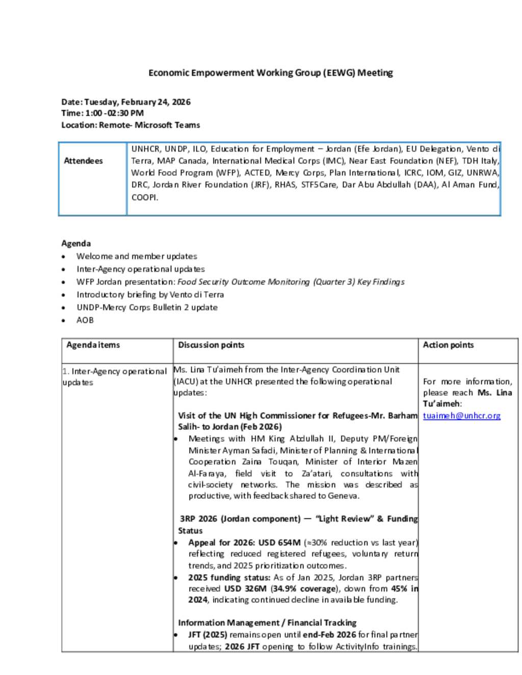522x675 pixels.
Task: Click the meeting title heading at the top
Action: tap(271, 73)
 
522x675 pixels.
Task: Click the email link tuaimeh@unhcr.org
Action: tap(461, 416)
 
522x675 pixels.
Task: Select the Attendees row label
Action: tap(83, 161)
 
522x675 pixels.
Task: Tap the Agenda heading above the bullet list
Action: tap(76, 244)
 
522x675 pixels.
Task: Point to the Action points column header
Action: tap(448, 345)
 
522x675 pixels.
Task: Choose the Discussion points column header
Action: tap(211, 345)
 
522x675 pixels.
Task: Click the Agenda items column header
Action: tap(93, 345)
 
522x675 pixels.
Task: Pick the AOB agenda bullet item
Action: tap(85, 320)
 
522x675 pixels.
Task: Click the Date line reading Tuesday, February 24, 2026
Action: tap(126, 102)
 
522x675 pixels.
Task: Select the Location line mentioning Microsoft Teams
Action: tap(130, 125)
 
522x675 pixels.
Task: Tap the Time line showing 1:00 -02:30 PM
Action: tap(102, 113)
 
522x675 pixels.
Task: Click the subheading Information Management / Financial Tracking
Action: tap(267, 623)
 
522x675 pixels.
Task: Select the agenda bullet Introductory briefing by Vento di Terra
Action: tap(150, 295)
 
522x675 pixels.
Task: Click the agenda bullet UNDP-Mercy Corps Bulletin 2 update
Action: tap(147, 308)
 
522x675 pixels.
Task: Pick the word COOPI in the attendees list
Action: tap(145, 198)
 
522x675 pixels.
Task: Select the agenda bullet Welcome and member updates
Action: tap(137, 256)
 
